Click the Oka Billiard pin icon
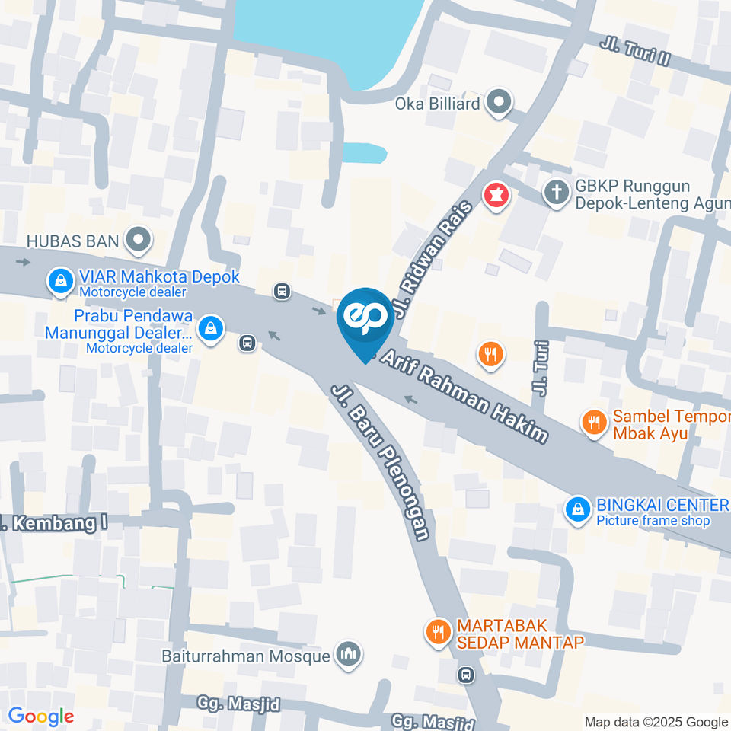tap(499, 102)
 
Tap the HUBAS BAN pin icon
tap(139, 241)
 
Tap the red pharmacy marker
tap(496, 196)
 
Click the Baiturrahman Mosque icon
tap(350, 653)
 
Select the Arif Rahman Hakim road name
tap(464, 396)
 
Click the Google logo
tap(40, 716)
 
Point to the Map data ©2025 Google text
tap(656, 722)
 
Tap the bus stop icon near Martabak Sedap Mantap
tap(466, 674)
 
